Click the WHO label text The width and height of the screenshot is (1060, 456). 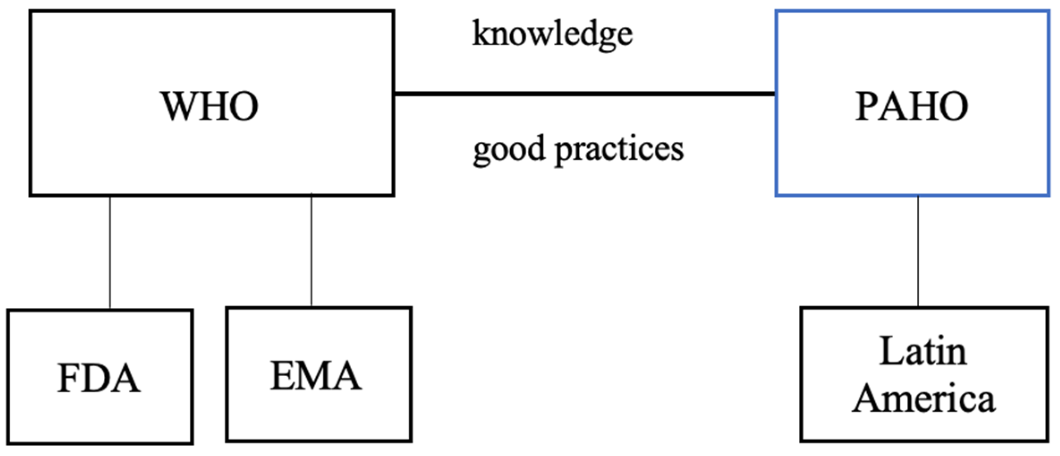pyautogui.click(x=209, y=106)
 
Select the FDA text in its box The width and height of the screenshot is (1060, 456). pyautogui.click(x=99, y=379)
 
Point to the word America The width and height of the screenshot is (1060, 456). pyautogui.click(x=924, y=399)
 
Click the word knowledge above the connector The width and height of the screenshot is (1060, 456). pyautogui.click(x=552, y=34)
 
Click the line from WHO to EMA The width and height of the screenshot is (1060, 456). pyautogui.click(x=311, y=251)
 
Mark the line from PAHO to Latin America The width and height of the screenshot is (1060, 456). pyautogui.click(x=918, y=251)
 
